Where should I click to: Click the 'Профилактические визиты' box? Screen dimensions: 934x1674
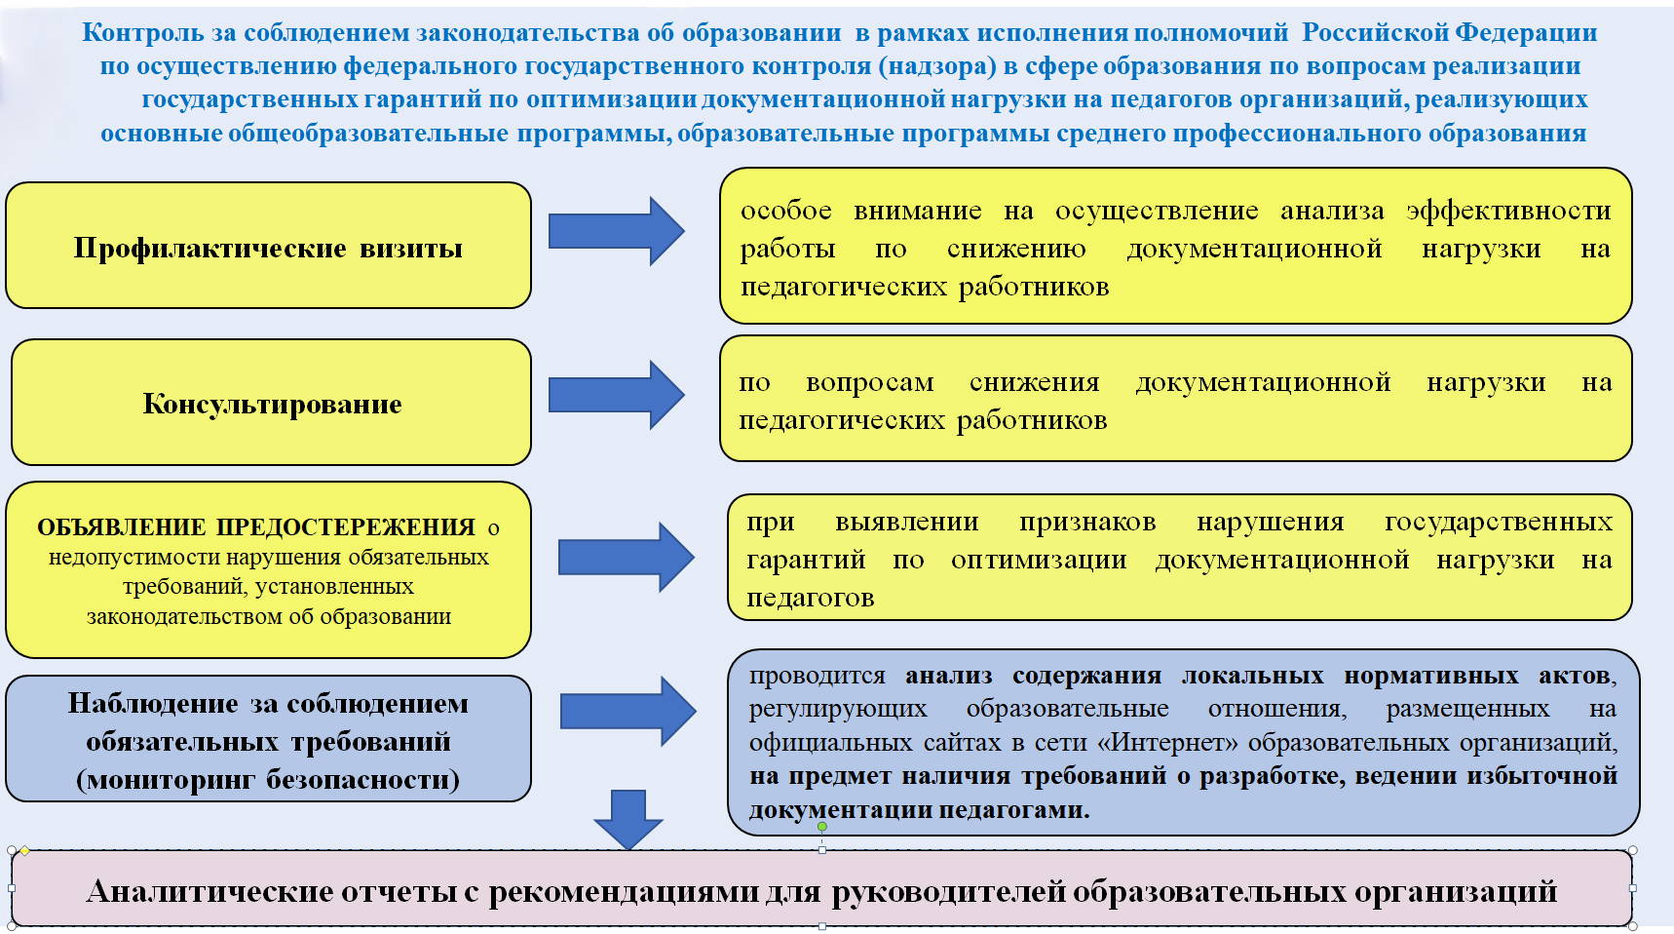268,248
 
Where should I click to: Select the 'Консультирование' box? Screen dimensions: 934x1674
272,404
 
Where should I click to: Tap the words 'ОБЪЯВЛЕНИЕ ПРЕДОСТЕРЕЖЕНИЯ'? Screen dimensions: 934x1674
256,527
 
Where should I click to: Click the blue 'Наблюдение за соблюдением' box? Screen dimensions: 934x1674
268,740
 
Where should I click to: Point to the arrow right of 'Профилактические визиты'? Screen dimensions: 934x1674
616,231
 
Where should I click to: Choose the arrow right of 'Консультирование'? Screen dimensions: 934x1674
616,395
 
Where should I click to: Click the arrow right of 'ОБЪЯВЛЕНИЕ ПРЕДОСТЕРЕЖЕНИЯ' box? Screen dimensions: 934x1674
626,557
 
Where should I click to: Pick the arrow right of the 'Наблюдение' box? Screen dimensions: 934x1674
628,711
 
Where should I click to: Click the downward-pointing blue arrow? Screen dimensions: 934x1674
628,819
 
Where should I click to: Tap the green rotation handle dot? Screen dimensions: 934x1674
822,827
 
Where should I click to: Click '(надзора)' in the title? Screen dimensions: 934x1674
942,65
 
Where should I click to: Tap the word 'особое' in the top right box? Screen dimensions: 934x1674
785,211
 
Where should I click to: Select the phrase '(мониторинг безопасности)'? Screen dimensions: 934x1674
268,779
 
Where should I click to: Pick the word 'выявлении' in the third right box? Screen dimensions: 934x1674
906,523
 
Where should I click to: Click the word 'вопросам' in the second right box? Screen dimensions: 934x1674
869,383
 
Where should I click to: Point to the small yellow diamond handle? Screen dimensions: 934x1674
25,851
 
